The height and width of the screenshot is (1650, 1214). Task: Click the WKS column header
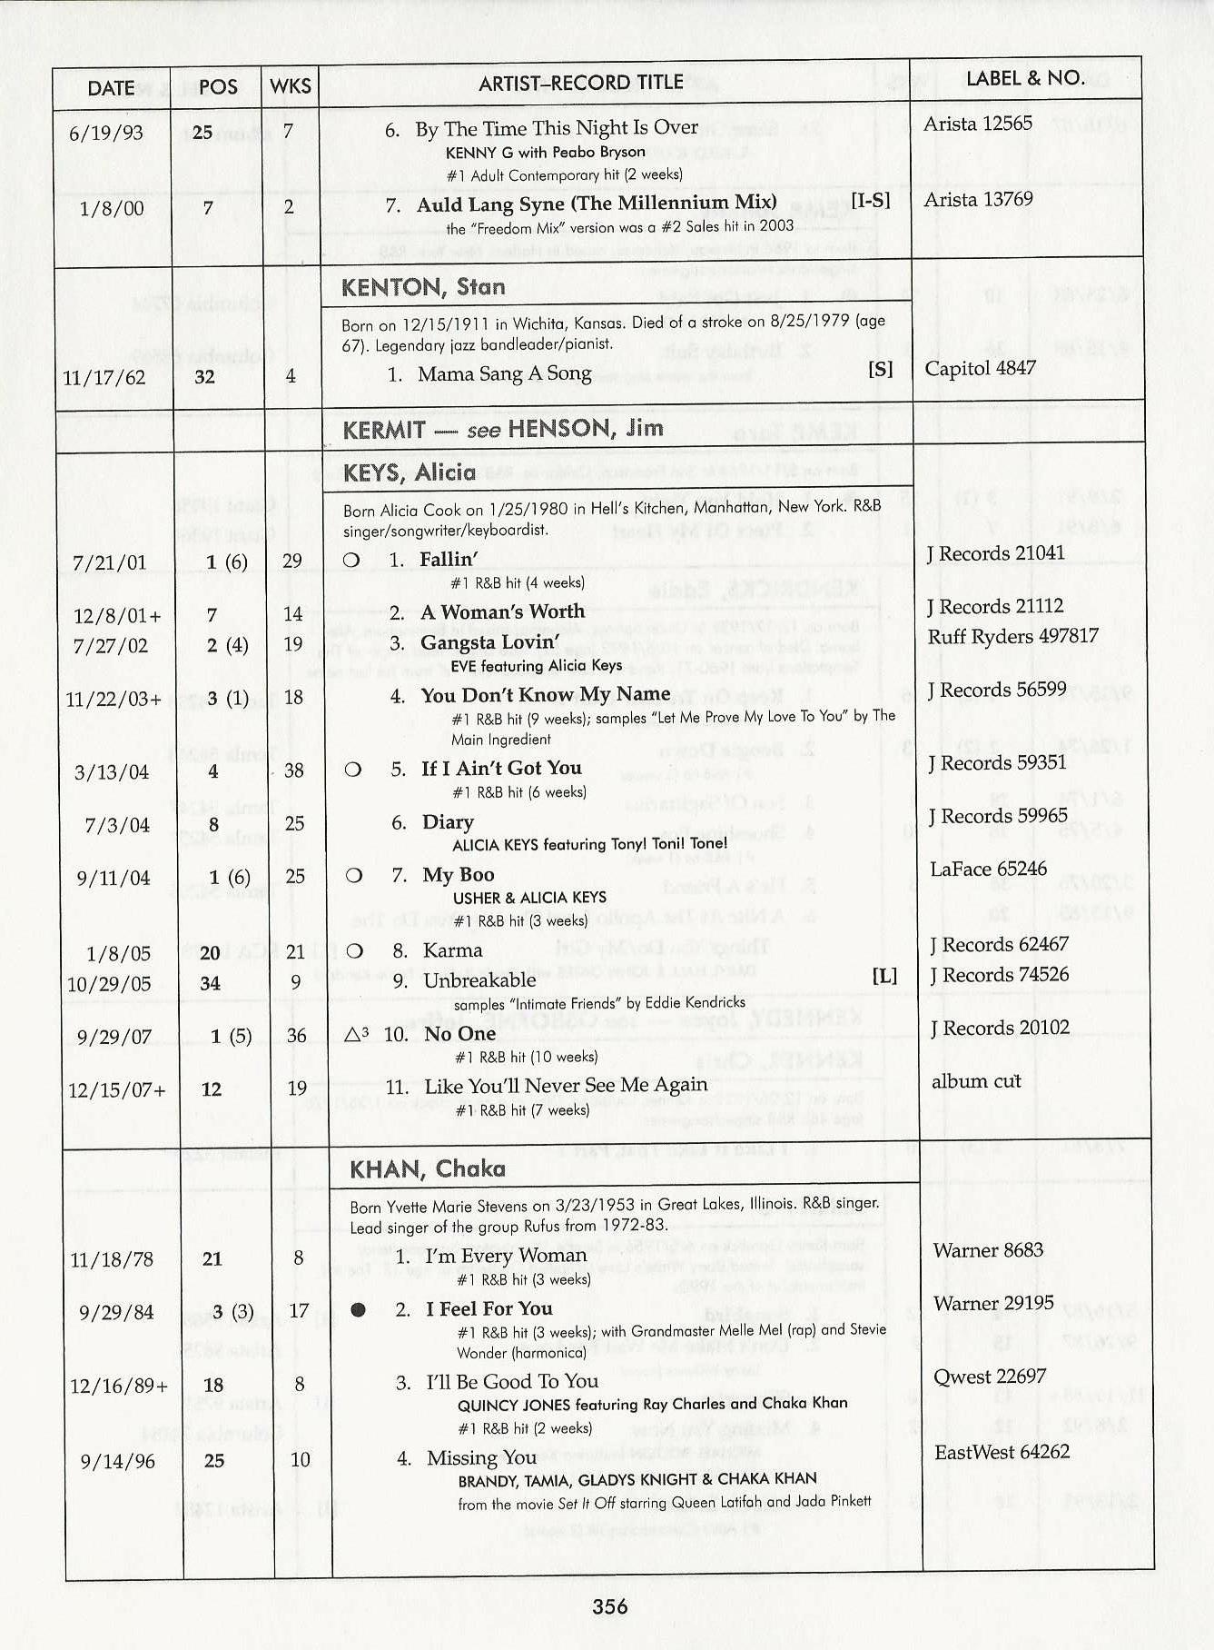[291, 87]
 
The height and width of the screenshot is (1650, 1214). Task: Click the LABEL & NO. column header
[1025, 78]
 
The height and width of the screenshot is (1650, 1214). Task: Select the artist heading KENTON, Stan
[423, 287]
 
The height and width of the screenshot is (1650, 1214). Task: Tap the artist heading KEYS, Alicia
[410, 472]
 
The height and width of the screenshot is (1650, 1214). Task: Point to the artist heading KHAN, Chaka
[428, 1168]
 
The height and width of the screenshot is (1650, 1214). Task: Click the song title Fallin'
[449, 559]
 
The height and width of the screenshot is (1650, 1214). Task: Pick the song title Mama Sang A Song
[504, 373]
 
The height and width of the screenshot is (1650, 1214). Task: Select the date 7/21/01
[109, 562]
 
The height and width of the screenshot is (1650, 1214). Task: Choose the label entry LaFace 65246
[988, 869]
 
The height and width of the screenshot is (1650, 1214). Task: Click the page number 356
[610, 1606]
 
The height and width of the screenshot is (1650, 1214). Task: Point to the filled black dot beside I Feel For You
[359, 1309]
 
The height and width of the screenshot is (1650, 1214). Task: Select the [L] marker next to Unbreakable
[884, 976]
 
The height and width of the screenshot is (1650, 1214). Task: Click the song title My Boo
[459, 875]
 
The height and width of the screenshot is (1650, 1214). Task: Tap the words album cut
[976, 1081]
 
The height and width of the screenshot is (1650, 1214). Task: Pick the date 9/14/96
[118, 1461]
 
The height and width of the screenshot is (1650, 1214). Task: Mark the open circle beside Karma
[355, 950]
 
